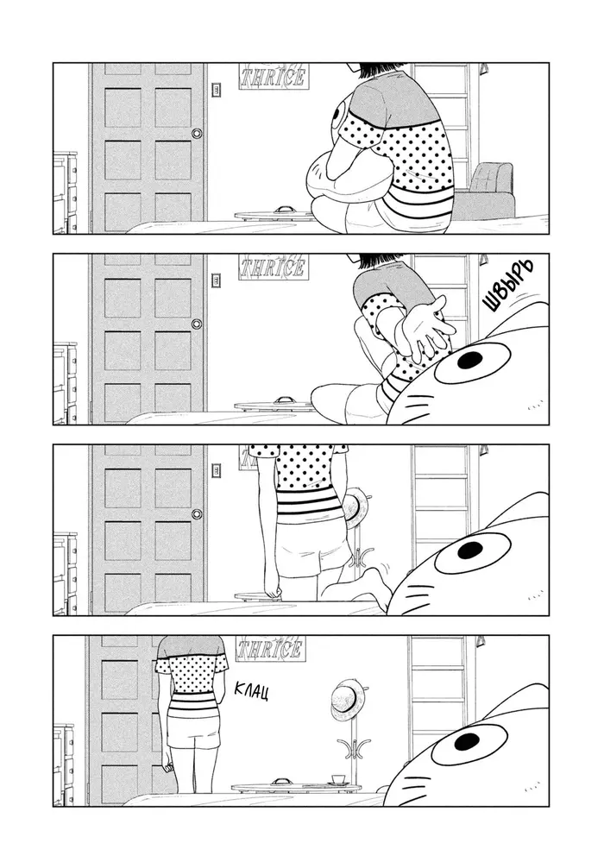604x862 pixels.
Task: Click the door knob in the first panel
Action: [196, 133]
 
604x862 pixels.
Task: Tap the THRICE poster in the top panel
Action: [273, 77]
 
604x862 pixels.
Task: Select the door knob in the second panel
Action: [196, 324]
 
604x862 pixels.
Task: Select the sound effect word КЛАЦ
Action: [250, 691]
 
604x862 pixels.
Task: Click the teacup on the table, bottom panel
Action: [337, 780]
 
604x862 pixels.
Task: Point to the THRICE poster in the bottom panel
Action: [270, 649]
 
